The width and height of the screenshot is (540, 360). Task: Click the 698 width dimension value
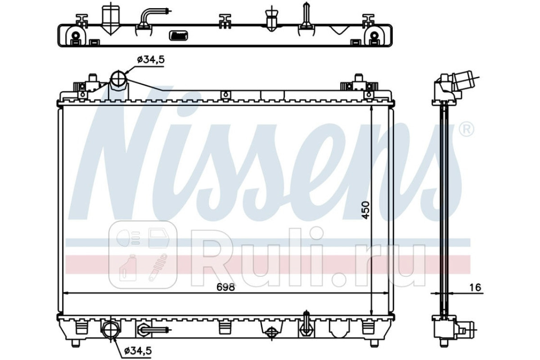coord(225,287)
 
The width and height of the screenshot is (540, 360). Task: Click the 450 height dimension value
coord(365,210)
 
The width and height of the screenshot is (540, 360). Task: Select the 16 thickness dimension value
coord(475,288)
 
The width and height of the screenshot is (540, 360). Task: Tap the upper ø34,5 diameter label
coord(151,60)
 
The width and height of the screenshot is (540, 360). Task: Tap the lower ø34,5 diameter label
coord(138,351)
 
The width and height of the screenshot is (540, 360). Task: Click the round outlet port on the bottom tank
coord(110,330)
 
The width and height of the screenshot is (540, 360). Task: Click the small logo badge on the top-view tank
coord(179,36)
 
